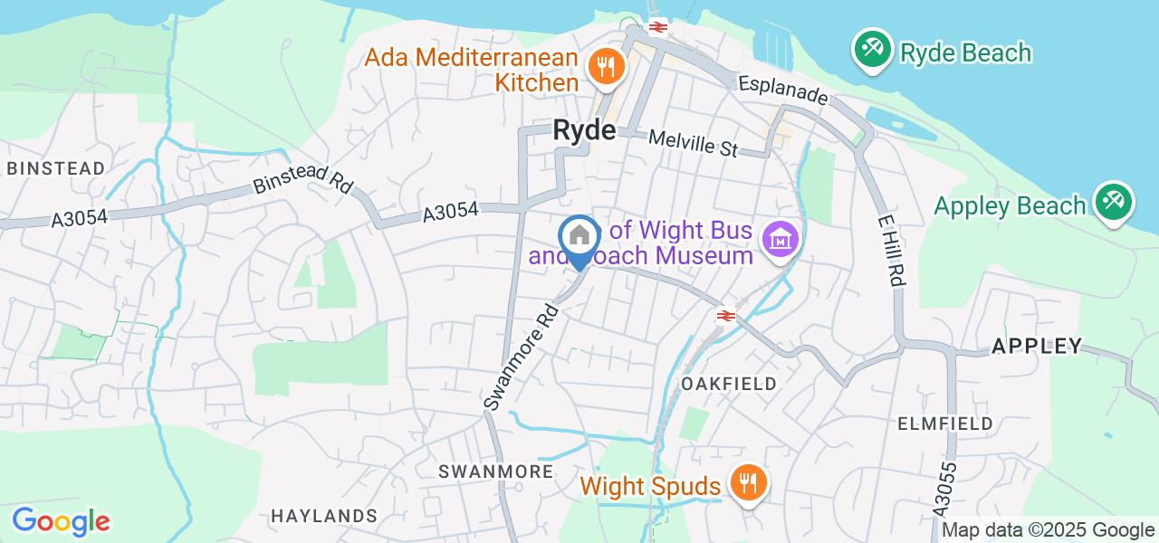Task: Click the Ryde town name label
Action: pyautogui.click(x=584, y=131)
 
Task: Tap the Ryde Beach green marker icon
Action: pyautogui.click(x=872, y=52)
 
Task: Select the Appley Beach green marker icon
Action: pyautogui.click(x=1113, y=205)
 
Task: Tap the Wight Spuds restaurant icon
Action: pyautogui.click(x=748, y=484)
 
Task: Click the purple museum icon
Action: pyautogui.click(x=780, y=241)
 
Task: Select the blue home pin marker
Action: pyautogui.click(x=578, y=238)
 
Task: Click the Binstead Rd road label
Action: pyautogui.click(x=303, y=182)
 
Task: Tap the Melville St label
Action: pyautogui.click(x=694, y=143)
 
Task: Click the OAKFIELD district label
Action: pyautogui.click(x=729, y=384)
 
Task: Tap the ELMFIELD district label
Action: pyautogui.click(x=945, y=423)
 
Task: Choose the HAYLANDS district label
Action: pyautogui.click(x=324, y=516)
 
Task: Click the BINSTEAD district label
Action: pyautogui.click(x=56, y=168)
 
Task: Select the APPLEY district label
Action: pyautogui.click(x=1037, y=346)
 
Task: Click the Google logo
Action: pyautogui.click(x=61, y=521)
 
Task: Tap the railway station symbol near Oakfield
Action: pyautogui.click(x=724, y=315)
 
